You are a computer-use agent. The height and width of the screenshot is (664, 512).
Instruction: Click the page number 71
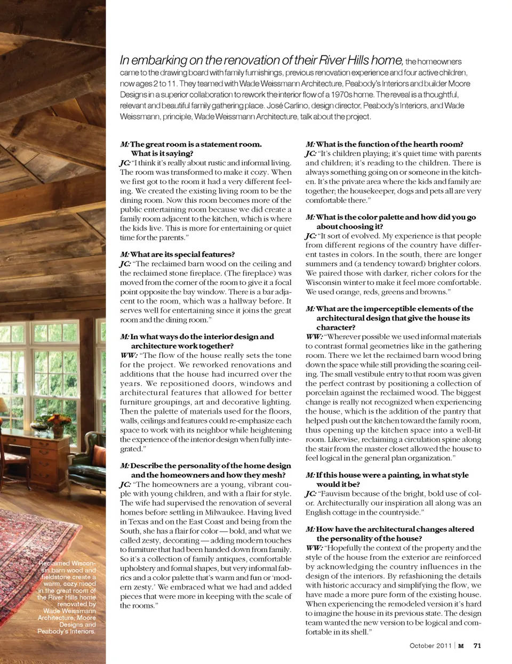pyautogui.click(x=477, y=645)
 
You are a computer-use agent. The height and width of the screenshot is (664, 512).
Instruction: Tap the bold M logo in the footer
pyautogui.click(x=461, y=646)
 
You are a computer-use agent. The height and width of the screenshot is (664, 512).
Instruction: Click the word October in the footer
pyautogui.click(x=422, y=645)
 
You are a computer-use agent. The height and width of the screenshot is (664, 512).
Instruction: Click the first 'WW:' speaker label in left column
pyautogui.click(x=129, y=355)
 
